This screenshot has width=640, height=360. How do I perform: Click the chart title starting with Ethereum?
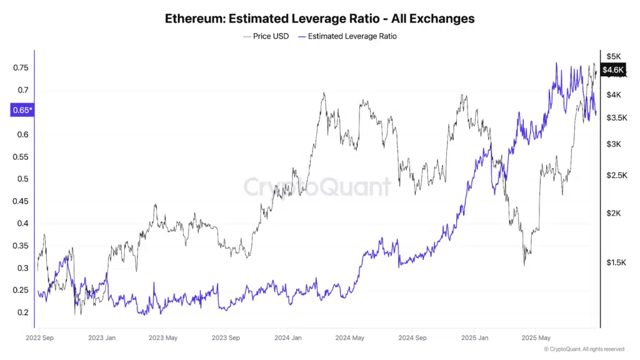(x=319, y=18)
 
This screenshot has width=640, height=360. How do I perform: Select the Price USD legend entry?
(x=266, y=36)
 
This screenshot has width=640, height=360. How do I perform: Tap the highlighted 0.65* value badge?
(x=22, y=111)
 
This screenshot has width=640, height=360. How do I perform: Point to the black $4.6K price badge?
(x=612, y=69)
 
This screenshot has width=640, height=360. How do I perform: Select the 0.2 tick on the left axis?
(x=24, y=312)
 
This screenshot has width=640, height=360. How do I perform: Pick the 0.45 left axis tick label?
(x=21, y=201)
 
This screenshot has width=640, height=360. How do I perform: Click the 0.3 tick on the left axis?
(x=24, y=268)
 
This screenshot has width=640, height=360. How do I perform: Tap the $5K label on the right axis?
(x=613, y=56)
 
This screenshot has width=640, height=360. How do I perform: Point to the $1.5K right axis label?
(x=616, y=262)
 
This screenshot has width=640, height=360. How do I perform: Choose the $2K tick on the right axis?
(x=613, y=213)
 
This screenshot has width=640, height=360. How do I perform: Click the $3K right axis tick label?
(x=613, y=144)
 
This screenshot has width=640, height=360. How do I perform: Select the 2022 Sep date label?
(x=39, y=338)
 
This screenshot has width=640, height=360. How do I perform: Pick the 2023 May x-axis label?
(x=162, y=338)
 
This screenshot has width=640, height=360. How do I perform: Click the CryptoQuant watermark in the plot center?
(x=317, y=187)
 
